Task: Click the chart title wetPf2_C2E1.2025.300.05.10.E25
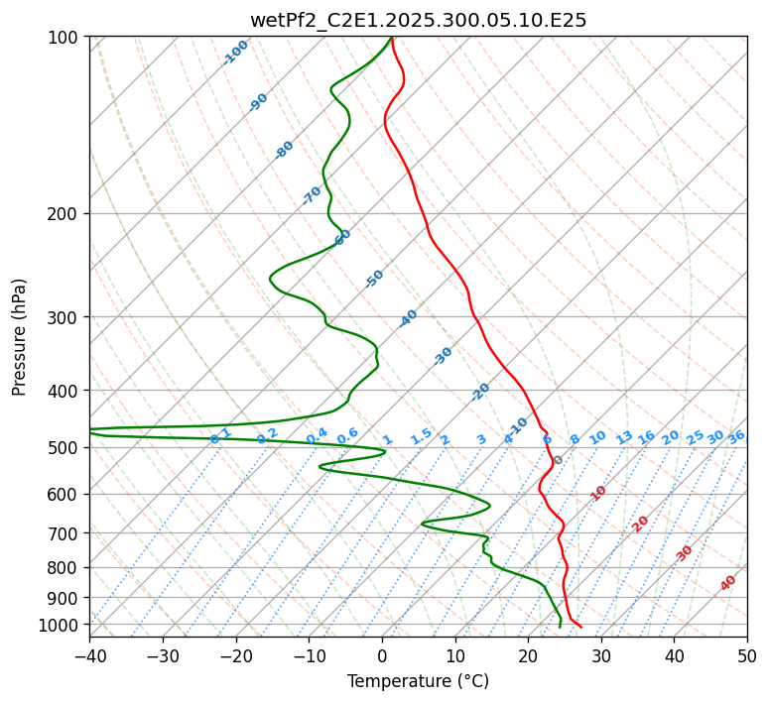click(418, 20)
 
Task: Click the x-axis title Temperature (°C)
click(418, 682)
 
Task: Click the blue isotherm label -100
click(236, 53)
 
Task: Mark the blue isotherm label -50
click(374, 279)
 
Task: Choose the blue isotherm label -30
click(443, 356)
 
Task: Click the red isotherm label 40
click(728, 583)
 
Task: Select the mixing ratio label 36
click(736, 437)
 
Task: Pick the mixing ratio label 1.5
click(421, 435)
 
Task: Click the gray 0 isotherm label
click(559, 460)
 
